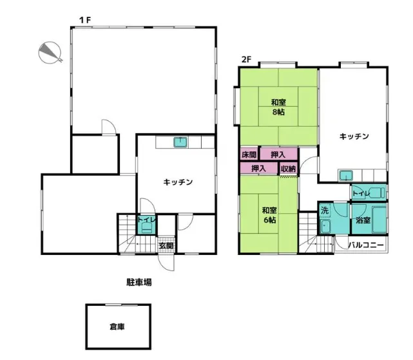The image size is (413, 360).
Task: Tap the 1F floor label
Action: coord(85,20)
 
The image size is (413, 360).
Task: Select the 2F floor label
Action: coord(246,61)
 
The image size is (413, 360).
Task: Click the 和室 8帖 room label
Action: coord(278,107)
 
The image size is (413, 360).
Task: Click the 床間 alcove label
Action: coord(249,155)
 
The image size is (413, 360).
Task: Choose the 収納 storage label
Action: coord(288,169)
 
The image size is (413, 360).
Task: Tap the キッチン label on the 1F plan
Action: coord(178,182)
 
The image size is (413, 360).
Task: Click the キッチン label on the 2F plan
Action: coord(354,136)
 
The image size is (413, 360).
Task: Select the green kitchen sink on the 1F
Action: coord(180,142)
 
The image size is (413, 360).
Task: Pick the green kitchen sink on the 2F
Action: coord(347,175)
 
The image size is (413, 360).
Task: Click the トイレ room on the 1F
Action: coord(146,223)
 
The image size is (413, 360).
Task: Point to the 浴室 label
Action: coord(363,220)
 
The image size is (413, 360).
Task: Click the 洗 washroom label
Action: coord(325,211)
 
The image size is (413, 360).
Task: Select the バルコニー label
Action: coord(367,245)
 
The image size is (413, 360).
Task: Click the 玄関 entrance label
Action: coord(166,245)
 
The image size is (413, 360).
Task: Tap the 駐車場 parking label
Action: coord(139,282)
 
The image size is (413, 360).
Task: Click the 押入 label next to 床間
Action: coord(278,155)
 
